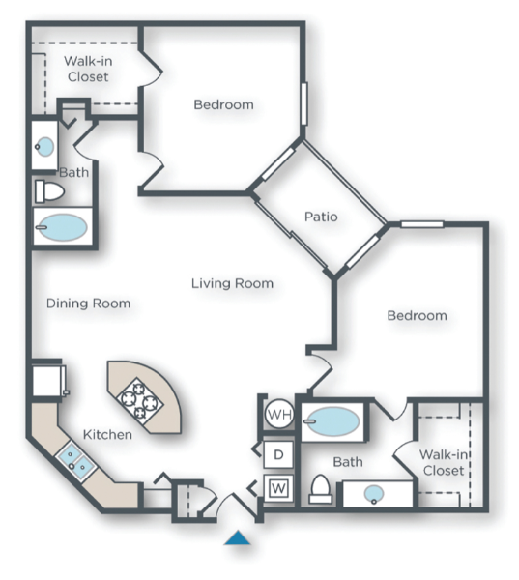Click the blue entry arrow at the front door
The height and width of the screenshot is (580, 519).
pyautogui.click(x=238, y=537)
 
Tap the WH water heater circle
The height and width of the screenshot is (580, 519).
pyautogui.click(x=279, y=415)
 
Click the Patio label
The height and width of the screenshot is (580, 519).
pyautogui.click(x=321, y=217)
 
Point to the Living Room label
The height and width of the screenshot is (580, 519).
pyautogui.click(x=232, y=283)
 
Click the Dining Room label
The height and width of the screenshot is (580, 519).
pyautogui.click(x=88, y=304)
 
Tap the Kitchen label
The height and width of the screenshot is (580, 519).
pyautogui.click(x=106, y=435)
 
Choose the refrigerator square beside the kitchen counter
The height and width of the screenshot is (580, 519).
pyautogui.click(x=48, y=379)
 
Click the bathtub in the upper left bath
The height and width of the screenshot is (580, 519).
pyautogui.click(x=61, y=229)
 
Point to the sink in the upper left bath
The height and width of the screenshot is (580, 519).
pyautogui.click(x=44, y=147)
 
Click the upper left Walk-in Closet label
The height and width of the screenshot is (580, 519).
pyautogui.click(x=88, y=69)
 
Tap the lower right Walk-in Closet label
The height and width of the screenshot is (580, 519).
pyautogui.click(x=444, y=462)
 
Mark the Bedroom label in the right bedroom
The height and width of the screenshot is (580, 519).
pyautogui.click(x=417, y=315)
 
